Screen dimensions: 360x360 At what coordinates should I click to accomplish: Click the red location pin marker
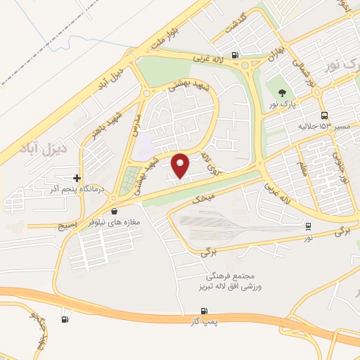(181, 165)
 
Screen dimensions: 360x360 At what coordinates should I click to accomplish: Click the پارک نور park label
(283, 104)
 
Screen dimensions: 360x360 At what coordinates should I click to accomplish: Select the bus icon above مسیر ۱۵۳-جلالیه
(323, 115)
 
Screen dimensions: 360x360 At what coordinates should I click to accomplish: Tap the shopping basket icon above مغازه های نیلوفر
(115, 211)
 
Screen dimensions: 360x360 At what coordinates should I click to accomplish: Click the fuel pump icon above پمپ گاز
(204, 311)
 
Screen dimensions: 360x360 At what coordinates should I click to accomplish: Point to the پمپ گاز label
(203, 321)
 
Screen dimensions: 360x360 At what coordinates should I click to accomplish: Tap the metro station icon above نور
(308, 226)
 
